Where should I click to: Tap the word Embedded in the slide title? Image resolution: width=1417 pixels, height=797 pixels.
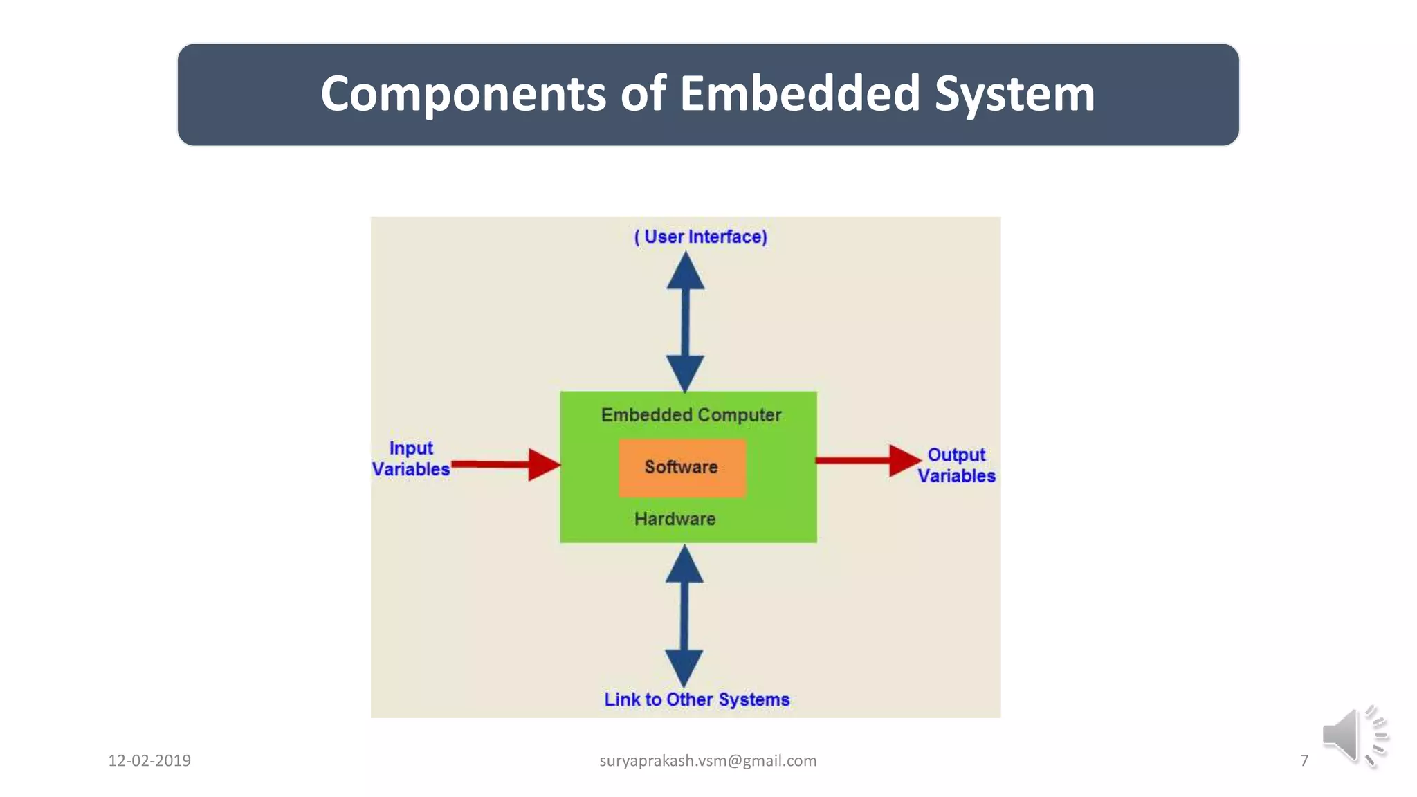[x=800, y=94]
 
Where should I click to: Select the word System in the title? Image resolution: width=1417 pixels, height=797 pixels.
[x=1015, y=94]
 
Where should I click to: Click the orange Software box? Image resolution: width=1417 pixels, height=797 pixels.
[x=682, y=468]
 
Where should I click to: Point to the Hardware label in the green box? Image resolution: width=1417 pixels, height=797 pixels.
[x=675, y=519]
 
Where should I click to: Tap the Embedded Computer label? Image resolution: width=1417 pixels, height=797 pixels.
[x=691, y=415]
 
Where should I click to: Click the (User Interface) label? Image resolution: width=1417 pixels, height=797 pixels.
[x=700, y=237]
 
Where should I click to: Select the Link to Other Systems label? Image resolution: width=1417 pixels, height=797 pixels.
[x=697, y=699]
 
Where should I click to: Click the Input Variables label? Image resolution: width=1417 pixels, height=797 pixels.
[x=411, y=459]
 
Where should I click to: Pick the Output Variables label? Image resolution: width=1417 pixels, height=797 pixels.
[x=956, y=465]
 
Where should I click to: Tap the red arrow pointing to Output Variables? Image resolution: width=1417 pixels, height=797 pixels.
[x=868, y=460]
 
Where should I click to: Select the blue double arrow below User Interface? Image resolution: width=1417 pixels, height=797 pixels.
[x=685, y=322]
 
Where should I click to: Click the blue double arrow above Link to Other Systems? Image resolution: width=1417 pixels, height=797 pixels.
[x=684, y=616]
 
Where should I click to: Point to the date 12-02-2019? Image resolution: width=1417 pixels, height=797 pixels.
[x=149, y=760]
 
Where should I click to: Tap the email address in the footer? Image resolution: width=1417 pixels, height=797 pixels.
[x=708, y=760]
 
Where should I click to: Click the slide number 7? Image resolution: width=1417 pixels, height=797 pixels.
[x=1304, y=760]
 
